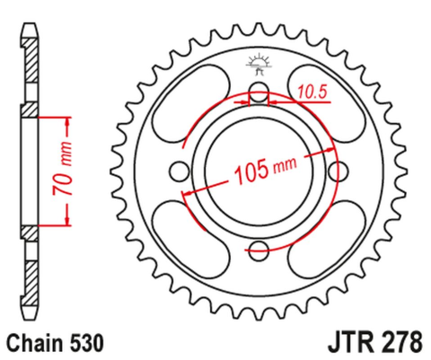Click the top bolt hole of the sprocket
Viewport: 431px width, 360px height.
tap(260, 92)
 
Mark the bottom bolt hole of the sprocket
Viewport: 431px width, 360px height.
tap(260, 250)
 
